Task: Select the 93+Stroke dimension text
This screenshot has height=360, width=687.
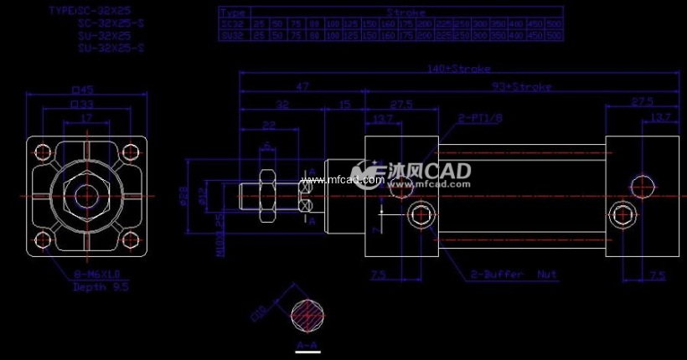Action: [x=521, y=86]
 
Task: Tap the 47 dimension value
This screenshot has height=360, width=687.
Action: [x=302, y=86]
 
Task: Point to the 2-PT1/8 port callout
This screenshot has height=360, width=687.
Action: [x=479, y=119]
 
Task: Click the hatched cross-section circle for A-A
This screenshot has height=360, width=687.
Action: [x=307, y=317]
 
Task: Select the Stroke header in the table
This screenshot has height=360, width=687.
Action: [x=406, y=13]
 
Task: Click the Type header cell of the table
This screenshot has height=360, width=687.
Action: [x=234, y=13]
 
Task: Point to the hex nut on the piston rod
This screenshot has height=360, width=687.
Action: [x=267, y=196]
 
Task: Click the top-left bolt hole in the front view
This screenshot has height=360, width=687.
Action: [x=41, y=153]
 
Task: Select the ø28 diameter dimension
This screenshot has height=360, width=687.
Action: [x=184, y=195]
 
